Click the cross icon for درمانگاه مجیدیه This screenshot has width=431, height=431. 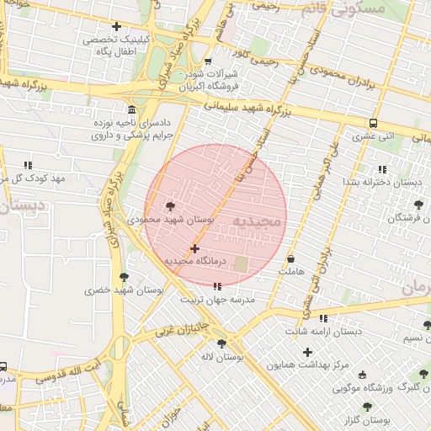pyautogui.click(x=195, y=248)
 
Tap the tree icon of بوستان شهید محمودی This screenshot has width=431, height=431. pyautogui.click(x=171, y=205)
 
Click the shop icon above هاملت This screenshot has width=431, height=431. pyautogui.click(x=291, y=258)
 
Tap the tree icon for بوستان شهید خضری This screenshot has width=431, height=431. pyautogui.click(x=125, y=277)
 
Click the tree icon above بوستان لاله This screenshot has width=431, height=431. pyautogui.click(x=221, y=343)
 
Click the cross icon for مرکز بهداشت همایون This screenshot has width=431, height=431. pyautogui.click(x=307, y=352)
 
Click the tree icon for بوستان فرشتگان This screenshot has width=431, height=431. pyautogui.click(x=418, y=205)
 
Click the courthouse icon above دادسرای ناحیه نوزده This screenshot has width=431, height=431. pyautogui.click(x=131, y=110)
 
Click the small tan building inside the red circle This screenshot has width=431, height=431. pyautogui.click(x=242, y=264)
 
